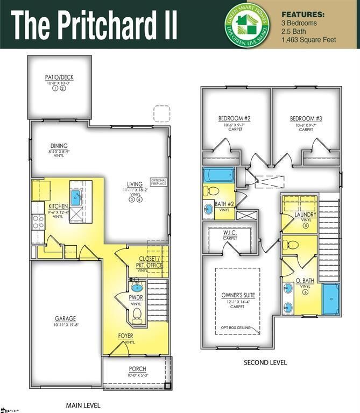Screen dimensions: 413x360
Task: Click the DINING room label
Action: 59,146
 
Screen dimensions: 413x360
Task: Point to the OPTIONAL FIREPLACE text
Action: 159,182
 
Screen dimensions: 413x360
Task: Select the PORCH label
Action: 137,369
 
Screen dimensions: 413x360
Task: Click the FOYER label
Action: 125,336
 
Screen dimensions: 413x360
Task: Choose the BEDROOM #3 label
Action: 306,118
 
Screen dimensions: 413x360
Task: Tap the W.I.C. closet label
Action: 230,233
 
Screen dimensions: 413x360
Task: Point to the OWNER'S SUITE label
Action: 238,295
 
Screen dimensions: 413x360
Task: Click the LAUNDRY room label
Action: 305,215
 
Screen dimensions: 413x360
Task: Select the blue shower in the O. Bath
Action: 331,299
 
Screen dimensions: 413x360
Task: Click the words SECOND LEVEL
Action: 265,362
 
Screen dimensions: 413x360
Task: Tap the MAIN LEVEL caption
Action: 83,405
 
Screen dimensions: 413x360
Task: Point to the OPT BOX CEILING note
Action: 238,327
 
